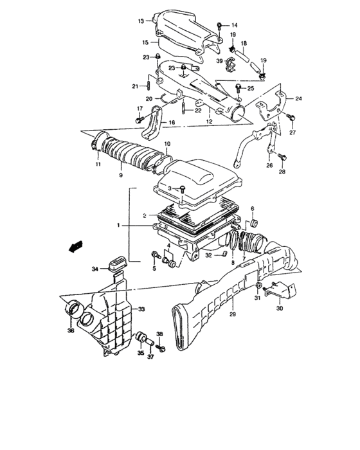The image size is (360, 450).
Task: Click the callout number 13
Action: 140,21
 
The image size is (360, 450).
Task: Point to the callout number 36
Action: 70,332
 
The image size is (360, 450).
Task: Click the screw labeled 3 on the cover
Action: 183,188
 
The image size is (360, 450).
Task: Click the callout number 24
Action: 298,99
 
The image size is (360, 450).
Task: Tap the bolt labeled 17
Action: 139,120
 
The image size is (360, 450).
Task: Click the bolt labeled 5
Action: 155,255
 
